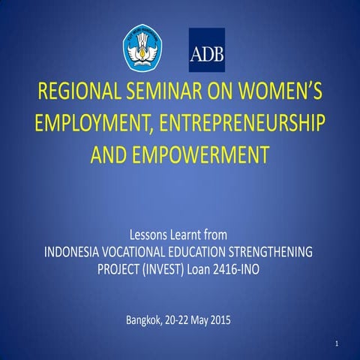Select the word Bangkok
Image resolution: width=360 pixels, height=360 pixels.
click(x=145, y=322)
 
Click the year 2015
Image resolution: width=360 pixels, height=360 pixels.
click(x=219, y=322)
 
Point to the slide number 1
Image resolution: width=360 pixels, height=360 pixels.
click(x=338, y=344)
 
